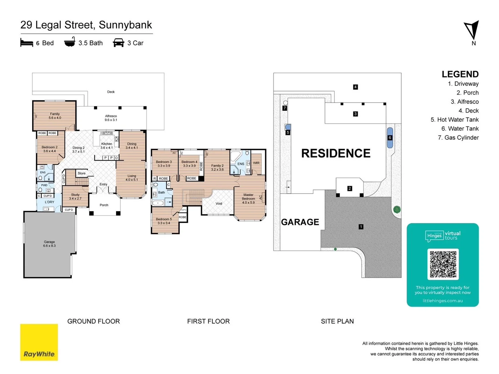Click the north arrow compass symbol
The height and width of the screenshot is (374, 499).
click(472, 30)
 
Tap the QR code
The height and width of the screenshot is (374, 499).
click(443, 264)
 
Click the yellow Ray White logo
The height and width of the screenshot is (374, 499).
click(39, 342)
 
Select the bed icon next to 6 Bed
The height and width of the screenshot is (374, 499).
click(27, 43)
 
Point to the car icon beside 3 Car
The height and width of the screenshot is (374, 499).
click(119, 43)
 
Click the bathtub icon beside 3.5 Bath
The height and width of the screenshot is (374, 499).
click(70, 42)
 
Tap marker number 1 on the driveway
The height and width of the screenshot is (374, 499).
click(361, 227)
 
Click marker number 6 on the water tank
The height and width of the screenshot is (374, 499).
click(390, 137)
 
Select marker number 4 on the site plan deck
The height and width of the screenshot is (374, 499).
click(355, 87)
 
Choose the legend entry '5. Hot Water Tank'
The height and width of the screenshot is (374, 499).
click(454, 119)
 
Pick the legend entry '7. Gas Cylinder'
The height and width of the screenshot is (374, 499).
click(458, 137)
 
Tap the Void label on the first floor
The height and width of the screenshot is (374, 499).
click(219, 203)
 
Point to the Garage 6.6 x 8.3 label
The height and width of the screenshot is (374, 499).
click(49, 244)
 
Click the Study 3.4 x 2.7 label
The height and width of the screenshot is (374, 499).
click(75, 196)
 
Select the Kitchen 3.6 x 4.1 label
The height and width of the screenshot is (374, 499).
click(106, 146)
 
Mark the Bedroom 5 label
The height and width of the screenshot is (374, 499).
click(164, 221)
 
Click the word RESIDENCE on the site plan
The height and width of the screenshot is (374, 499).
click(335, 153)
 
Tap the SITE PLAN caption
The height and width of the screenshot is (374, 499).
click(337, 321)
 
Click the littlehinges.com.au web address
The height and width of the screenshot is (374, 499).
click(443, 301)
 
